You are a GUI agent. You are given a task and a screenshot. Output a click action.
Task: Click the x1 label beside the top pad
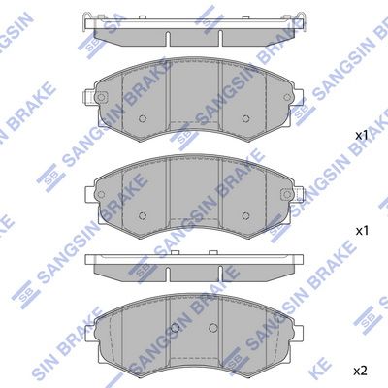pyautogui.click(x=362, y=136)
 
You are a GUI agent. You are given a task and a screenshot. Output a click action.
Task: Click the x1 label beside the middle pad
pyautogui.click(x=362, y=231)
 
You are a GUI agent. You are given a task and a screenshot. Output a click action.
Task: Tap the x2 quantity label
pyautogui.click(x=360, y=372)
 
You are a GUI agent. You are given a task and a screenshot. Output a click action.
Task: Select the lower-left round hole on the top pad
pyautogui.click(x=143, y=118)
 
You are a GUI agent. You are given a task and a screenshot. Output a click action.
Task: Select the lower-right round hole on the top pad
pyautogui.click(x=245, y=118)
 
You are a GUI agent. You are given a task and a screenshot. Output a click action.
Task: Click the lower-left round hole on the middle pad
pyautogui.click(x=143, y=215)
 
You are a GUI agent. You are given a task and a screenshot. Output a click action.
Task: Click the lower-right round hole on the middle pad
pyautogui.click(x=245, y=215)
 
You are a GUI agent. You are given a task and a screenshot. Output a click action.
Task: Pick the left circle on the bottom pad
pyautogui.click(x=175, y=328)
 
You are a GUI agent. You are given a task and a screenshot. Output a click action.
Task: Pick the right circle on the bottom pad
pyautogui.click(x=212, y=328)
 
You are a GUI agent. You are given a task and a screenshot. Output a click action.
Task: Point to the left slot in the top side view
pyautogui.click(x=168, y=39)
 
